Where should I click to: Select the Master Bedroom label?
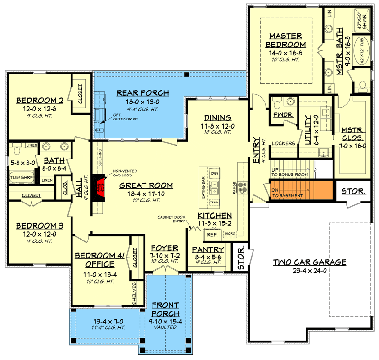point(286,40)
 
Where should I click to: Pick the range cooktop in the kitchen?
point(243,188)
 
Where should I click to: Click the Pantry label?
point(208,249)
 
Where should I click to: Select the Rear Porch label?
point(143,92)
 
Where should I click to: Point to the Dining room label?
point(217,118)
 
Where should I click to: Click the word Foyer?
point(164,248)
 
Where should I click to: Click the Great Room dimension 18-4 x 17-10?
point(145,194)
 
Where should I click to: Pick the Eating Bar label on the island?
point(204,189)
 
